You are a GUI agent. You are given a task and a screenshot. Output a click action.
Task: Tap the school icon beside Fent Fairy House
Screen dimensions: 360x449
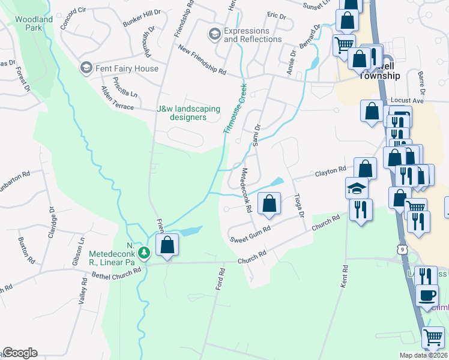[86, 68]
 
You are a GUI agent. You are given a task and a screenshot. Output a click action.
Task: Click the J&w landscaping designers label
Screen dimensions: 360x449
[188, 113]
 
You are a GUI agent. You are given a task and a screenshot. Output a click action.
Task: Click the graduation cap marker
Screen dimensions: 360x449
[357, 188]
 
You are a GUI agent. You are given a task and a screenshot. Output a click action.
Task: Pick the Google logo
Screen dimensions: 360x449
[20, 352]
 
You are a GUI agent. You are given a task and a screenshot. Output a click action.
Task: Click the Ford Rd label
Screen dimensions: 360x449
[220, 280]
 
